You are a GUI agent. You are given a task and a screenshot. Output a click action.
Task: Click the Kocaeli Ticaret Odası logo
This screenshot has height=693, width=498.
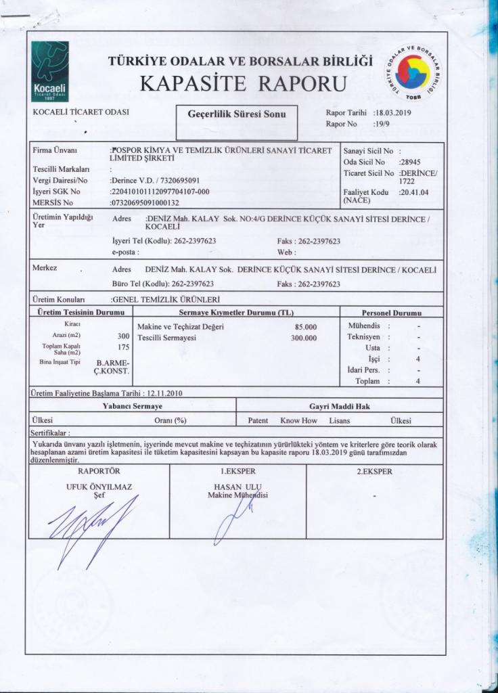point(49,71)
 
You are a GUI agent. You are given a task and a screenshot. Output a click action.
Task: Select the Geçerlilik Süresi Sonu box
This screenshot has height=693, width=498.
point(236,114)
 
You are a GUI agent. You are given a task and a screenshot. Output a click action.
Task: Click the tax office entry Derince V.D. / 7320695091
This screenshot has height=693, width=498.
point(155,181)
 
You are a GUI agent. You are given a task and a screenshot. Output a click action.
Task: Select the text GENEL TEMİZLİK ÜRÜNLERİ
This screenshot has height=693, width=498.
point(166,299)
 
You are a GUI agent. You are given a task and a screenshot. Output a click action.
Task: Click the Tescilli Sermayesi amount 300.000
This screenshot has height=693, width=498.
point(304,338)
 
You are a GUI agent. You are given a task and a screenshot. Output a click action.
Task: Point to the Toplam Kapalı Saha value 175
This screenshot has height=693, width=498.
point(123,346)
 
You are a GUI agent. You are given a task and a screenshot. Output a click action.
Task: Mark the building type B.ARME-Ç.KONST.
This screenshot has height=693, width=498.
point(113,367)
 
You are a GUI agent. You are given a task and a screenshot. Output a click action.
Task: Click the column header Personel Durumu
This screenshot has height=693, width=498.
point(391,313)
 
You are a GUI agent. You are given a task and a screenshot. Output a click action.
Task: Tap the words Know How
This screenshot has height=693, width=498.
point(298,420)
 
